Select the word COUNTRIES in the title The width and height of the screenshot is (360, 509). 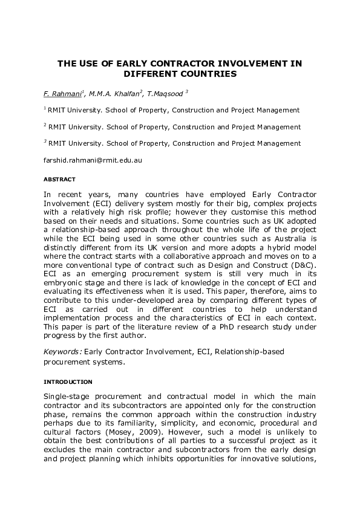208,74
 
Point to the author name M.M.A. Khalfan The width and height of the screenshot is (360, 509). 115,93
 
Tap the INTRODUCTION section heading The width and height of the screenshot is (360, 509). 68,382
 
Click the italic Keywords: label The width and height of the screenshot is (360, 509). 63,352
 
